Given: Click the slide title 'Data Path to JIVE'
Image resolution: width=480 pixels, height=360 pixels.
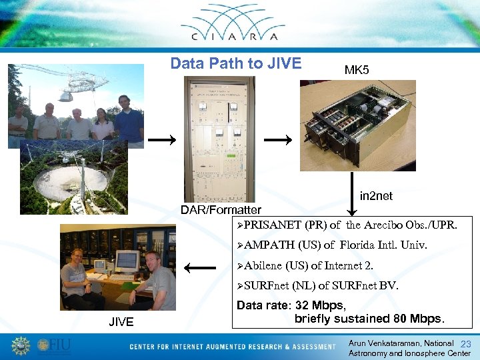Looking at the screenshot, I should point(236,64).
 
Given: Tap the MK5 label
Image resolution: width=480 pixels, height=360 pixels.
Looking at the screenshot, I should point(357,70).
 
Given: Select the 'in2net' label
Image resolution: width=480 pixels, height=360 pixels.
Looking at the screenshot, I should point(376,196).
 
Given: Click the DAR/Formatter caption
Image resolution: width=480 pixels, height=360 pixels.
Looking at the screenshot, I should point(221,210).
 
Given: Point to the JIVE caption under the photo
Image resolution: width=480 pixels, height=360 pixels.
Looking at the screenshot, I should point(121,323).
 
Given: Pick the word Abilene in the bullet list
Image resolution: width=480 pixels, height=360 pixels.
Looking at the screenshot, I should point(263,265).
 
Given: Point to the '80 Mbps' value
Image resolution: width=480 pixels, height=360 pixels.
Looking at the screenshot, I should point(413,318).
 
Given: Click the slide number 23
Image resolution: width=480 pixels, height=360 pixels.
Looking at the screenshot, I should point(465,343).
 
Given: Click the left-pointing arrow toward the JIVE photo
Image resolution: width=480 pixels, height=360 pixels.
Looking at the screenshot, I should point(199,269).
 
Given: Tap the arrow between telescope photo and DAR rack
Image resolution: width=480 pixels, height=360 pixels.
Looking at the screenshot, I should point(163,140).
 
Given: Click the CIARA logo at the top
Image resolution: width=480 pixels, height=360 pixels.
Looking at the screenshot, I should point(239,28).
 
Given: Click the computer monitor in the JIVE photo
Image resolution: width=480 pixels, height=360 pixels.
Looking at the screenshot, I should point(126,259).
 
